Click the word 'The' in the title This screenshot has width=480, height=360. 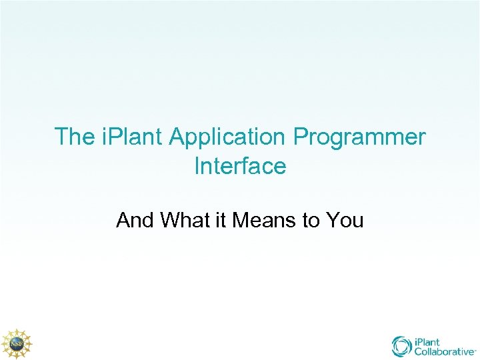pos(75,137)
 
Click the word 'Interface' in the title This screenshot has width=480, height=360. pos(240,166)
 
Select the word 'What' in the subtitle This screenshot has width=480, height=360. pos(184,220)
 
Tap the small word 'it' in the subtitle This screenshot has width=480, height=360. pos(220,220)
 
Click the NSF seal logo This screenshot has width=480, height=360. pos(15,343)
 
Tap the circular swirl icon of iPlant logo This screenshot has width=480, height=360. pos(402,346)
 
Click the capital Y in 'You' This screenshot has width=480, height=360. pos(333,220)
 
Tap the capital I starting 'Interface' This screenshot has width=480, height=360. pos(197,166)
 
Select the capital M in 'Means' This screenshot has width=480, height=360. pos(241,220)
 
